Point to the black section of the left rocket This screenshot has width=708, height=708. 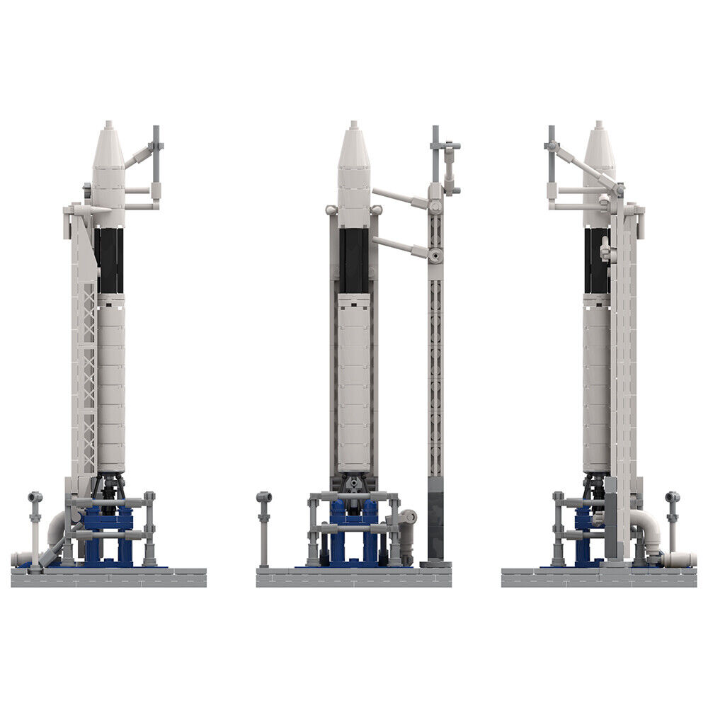[110, 261]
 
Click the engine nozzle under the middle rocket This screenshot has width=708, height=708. [353, 484]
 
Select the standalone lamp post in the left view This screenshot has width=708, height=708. [35, 527]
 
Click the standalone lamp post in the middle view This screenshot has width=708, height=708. [264, 527]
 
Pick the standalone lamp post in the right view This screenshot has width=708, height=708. [672, 527]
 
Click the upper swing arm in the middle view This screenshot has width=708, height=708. [400, 198]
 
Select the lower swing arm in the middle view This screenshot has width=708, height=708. [400, 246]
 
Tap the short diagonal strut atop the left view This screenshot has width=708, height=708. [140, 156]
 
